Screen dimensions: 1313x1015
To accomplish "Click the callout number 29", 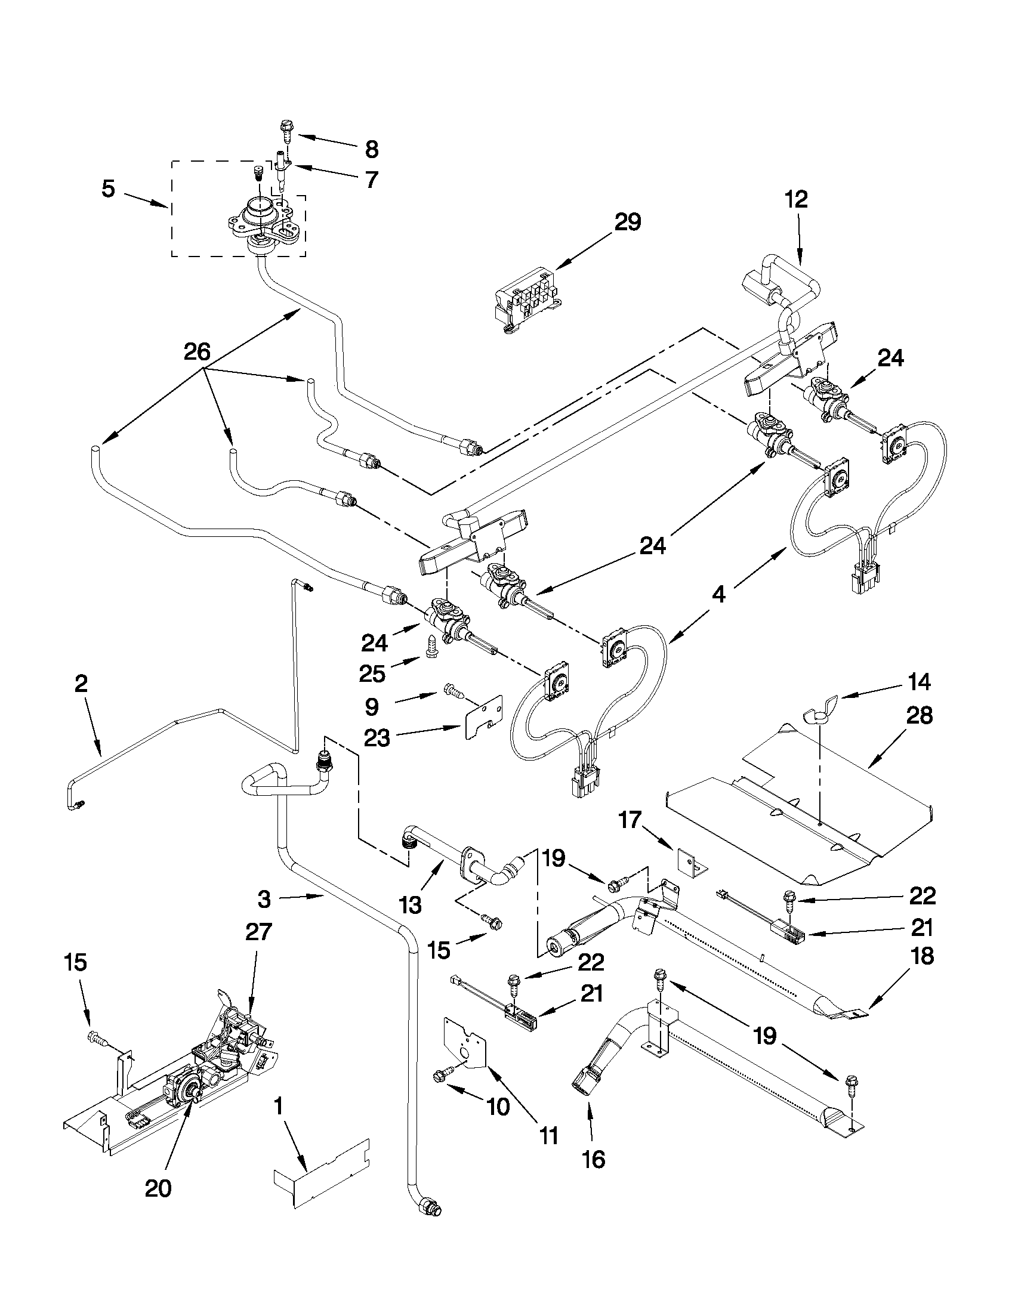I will click(x=627, y=222).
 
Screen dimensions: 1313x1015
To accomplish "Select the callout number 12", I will click(x=796, y=200).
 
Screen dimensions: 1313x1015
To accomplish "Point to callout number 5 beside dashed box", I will click(x=108, y=189).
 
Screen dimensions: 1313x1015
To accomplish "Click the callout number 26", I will click(x=197, y=352).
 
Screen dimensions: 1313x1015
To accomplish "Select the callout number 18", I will click(x=922, y=956).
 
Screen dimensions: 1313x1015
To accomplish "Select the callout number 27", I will click(x=258, y=932).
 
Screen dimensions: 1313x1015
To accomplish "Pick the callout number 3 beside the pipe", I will click(x=264, y=900).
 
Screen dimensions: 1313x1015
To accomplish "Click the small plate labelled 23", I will click(x=483, y=716).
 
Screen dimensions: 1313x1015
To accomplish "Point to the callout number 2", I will click(x=82, y=684).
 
